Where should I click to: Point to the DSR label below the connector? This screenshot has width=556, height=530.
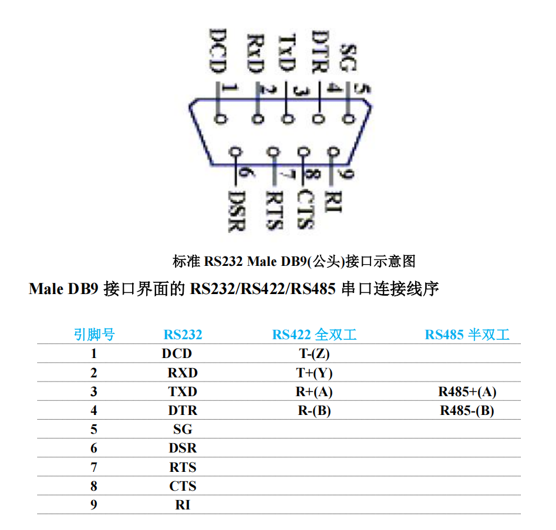coord(237,210)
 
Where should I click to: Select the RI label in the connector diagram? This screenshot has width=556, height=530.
coord(333,201)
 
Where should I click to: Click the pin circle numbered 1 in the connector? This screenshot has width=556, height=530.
coord(220,119)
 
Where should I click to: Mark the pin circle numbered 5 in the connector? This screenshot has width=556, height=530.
coord(349,119)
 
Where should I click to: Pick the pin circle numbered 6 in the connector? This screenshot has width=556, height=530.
coord(237,152)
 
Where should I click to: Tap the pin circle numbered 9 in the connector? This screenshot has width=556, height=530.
coord(334,152)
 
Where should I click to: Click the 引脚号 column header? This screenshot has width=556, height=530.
coord(94,335)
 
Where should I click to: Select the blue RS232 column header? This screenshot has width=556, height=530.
coord(183,335)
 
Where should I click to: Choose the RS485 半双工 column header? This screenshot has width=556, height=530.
coord(467,335)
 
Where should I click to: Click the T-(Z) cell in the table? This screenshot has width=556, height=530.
coord(314,354)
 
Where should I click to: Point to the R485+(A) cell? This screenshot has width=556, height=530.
coord(467,392)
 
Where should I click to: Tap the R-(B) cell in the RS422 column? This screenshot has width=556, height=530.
coord(314,411)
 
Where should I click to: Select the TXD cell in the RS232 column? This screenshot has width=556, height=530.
coord(183,392)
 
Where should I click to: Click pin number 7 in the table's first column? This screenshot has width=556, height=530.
coord(94,467)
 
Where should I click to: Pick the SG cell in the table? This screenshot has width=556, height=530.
coord(183,430)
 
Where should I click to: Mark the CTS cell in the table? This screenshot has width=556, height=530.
coord(183,486)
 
